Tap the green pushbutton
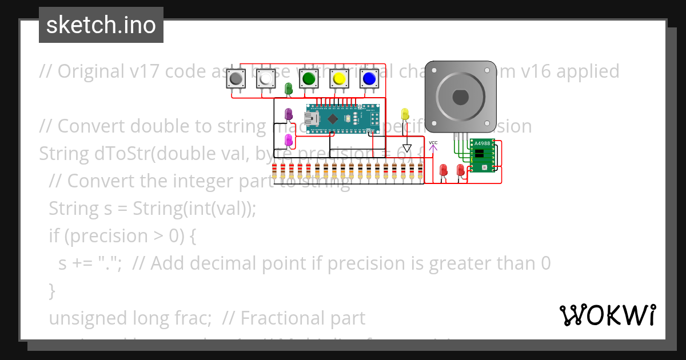pyautogui.click(x=309, y=78)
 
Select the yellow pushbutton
pyautogui.click(x=339, y=78)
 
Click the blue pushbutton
pyautogui.click(x=369, y=78)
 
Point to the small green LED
pyautogui.click(x=289, y=88)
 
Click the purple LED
pyautogui.click(x=289, y=114)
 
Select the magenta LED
pyautogui.click(x=289, y=139)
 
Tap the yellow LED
pyautogui.click(x=405, y=113)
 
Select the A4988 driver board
pyautogui.click(x=482, y=155)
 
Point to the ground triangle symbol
pyautogui.click(x=407, y=149)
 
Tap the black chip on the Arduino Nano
pyautogui.click(x=332, y=118)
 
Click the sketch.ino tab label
pyautogui.click(x=101, y=25)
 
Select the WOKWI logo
pyautogui.click(x=607, y=315)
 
